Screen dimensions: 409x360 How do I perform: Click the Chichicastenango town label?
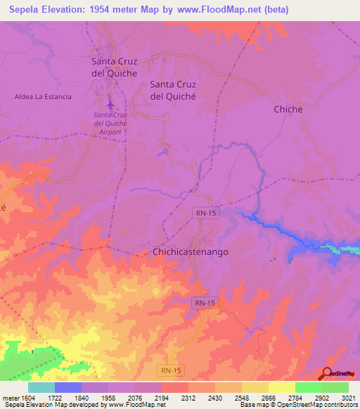pos(191,251)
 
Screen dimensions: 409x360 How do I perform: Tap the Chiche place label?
pos(288,109)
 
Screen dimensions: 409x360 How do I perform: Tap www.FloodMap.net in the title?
pos(218,11)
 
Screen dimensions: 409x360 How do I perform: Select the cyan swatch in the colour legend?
pos(41,388)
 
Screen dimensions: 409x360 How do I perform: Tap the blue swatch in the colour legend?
pos(68,388)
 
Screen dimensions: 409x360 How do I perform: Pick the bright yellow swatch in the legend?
pos(281,388)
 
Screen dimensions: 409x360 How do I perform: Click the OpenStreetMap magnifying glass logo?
pos(327,372)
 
